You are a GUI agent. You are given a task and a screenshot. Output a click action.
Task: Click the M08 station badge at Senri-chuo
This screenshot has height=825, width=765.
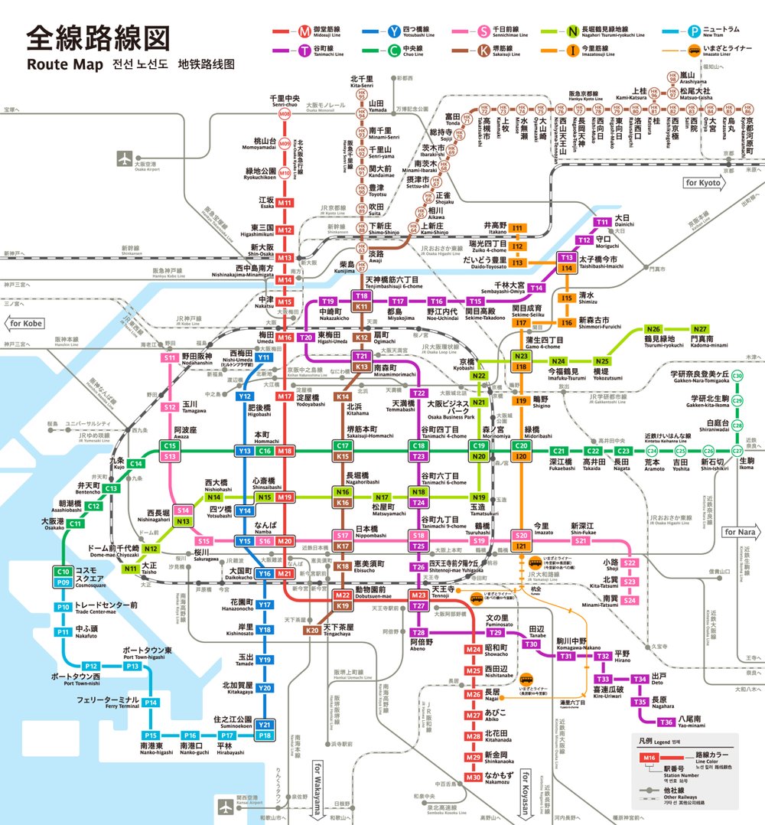pos(285,115)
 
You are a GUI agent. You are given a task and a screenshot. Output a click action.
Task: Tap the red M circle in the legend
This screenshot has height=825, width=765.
pos(305,31)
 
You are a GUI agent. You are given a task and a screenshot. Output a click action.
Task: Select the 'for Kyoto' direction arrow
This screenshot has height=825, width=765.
pos(708,184)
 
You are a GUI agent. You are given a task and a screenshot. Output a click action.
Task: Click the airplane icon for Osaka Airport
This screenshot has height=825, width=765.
pos(125,158)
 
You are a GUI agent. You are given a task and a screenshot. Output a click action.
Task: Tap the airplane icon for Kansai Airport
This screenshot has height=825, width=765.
pos(226,806)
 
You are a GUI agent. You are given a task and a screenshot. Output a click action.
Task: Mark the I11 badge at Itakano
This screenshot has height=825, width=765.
pos(518,228)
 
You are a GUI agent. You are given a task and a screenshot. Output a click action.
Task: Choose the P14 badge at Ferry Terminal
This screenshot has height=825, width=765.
pos(151,703)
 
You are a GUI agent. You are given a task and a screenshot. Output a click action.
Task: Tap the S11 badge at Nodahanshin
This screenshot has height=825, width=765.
pos(170,357)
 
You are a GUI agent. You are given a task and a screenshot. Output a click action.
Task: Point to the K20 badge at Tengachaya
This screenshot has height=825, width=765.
pos(312,631)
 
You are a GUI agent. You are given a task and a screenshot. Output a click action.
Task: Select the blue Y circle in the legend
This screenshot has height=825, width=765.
pos(394,31)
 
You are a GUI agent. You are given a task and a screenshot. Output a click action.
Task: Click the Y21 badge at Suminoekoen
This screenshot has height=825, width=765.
pos(265,725)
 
